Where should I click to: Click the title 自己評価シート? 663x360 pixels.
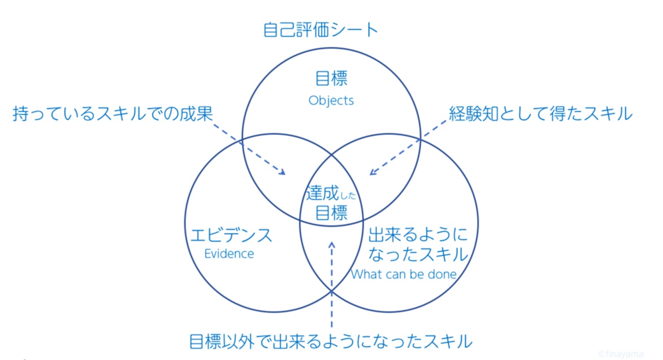[x=321, y=30]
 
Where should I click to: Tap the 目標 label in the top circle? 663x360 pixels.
[x=331, y=79]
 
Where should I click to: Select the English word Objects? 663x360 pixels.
[x=331, y=100]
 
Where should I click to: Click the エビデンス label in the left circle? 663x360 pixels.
[x=231, y=235]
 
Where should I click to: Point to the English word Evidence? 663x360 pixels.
[x=229, y=253]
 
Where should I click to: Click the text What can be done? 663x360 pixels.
[x=403, y=274]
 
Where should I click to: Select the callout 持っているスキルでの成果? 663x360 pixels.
[x=112, y=114]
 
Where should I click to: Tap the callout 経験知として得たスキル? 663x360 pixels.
[x=541, y=114]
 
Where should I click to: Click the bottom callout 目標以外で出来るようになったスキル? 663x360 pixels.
[x=330, y=341]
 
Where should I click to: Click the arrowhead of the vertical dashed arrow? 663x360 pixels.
[x=332, y=245]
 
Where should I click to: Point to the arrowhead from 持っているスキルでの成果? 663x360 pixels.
[x=282, y=173]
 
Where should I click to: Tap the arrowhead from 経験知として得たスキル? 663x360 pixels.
[x=372, y=172]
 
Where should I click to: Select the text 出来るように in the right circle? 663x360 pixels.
[x=417, y=235]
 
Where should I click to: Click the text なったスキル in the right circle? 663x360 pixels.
[x=417, y=253]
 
